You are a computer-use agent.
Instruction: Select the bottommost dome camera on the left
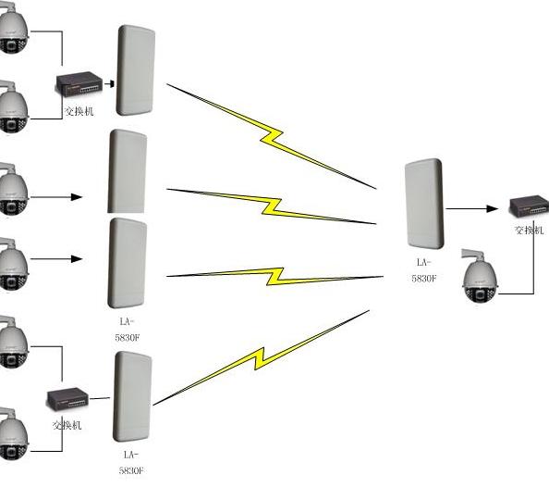[12, 431]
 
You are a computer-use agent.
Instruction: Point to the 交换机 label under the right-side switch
[530, 230]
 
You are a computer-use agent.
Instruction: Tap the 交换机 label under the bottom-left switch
[67, 425]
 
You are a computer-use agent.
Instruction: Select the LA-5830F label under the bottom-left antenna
[130, 462]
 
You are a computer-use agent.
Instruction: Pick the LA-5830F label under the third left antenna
[128, 329]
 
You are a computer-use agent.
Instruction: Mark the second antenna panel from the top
[128, 172]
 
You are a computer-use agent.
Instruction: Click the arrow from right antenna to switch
[471, 210]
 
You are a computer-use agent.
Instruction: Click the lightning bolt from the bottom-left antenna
[263, 357]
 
